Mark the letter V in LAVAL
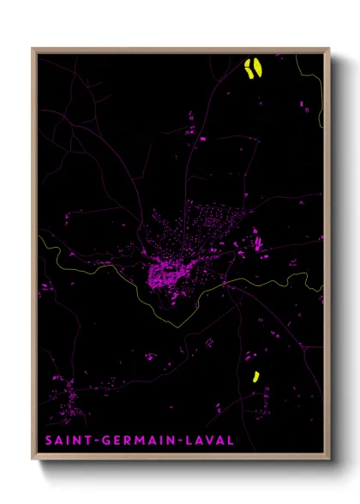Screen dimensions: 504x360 pos(212,441)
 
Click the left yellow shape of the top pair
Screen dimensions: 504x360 pos(249,69)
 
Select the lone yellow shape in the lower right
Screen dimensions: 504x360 pos(255,375)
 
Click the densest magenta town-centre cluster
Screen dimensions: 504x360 pos(167,274)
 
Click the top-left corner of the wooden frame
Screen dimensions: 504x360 pos(33,49)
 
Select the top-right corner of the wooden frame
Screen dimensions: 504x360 pos(328,49)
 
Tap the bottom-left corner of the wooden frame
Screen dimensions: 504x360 pos(33,459)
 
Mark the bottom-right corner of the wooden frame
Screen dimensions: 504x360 pos(328,459)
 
